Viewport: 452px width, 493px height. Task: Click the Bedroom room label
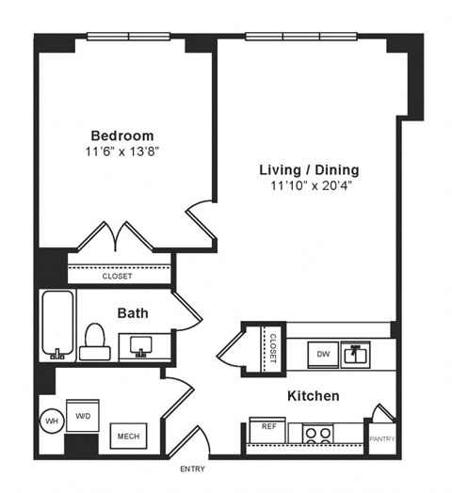pos(122,135)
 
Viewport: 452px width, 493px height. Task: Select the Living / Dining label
pos(310,170)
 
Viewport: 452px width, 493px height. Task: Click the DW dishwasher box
pos(323,355)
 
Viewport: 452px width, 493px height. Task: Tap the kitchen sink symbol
pos(354,354)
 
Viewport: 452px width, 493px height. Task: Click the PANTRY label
pos(382,438)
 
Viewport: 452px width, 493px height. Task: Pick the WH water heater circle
pos(51,421)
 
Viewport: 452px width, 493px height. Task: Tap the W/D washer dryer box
pos(83,416)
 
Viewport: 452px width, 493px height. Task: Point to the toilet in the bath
pos(94,342)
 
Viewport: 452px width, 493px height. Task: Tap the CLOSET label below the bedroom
pos(118,277)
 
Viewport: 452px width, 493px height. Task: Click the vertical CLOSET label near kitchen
pos(272,347)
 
